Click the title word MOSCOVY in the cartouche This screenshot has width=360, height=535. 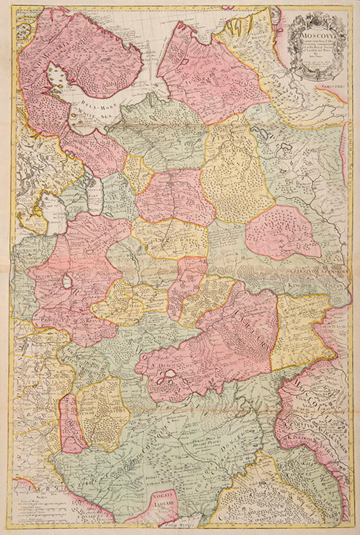315,35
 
